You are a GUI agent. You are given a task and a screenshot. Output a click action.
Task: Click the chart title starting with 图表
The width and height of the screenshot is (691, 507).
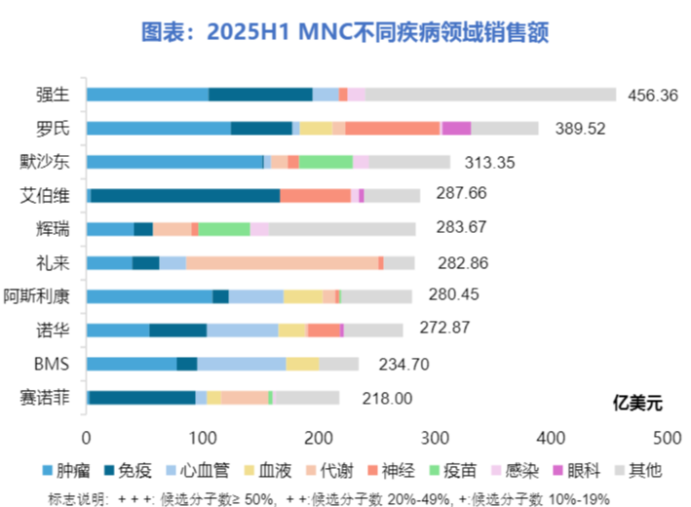pos(345,34)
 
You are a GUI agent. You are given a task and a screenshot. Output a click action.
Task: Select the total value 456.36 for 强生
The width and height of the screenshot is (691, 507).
pos(655,95)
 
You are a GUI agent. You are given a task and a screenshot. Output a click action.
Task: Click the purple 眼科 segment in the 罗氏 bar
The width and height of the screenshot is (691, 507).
pos(456,128)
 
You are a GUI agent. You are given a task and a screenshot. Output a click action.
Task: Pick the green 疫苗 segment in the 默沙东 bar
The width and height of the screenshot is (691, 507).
pos(326,162)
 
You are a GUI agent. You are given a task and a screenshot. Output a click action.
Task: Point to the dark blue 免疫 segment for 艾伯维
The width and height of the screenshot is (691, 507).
pos(185,195)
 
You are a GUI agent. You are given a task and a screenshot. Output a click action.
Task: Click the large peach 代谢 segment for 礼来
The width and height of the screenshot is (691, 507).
pos(282,262)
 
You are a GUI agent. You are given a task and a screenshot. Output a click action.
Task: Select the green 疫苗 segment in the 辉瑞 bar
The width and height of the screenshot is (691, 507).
pos(224,229)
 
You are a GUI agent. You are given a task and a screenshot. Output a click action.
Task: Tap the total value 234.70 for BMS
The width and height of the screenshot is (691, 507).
pos(396,364)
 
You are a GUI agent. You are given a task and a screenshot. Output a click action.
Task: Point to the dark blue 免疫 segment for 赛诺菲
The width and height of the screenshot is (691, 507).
pos(142,397)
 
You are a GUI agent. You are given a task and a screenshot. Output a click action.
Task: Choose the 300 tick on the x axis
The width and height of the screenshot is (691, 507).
pos(320,438)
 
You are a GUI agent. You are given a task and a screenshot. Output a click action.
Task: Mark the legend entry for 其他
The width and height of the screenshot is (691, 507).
pos(637,470)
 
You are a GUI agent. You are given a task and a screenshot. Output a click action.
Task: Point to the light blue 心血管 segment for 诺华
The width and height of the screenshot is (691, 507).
pos(242,330)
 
